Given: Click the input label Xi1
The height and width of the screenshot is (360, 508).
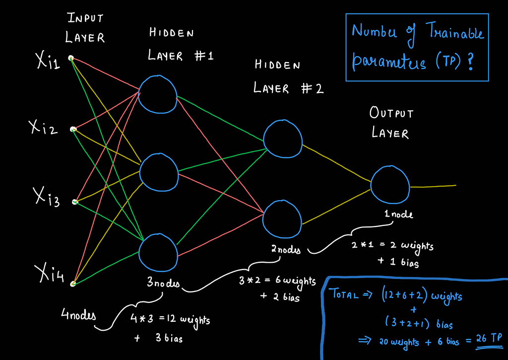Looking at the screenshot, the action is pyautogui.click(x=48, y=61).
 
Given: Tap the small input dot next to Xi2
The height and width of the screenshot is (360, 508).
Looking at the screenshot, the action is pyautogui.click(x=73, y=129).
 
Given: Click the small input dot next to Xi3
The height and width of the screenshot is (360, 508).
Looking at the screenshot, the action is pyautogui.click(x=75, y=202).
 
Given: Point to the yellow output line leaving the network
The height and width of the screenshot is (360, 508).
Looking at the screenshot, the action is pyautogui.click(x=433, y=186).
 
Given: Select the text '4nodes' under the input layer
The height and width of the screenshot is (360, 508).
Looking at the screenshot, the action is pyautogui.click(x=78, y=314).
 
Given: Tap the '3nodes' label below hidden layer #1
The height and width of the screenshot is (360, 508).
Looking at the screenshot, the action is pyautogui.click(x=163, y=283).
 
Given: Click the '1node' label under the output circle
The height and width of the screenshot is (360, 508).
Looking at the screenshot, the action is pyautogui.click(x=398, y=214).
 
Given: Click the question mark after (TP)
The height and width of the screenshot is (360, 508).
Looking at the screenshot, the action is pyautogui.click(x=470, y=62).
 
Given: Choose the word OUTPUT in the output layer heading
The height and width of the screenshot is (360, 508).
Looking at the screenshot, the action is pyautogui.click(x=391, y=113).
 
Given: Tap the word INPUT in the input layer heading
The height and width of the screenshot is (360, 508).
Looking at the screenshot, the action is pyautogui.click(x=85, y=17).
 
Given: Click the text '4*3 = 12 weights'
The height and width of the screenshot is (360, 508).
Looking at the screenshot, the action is pyautogui.click(x=170, y=320).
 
